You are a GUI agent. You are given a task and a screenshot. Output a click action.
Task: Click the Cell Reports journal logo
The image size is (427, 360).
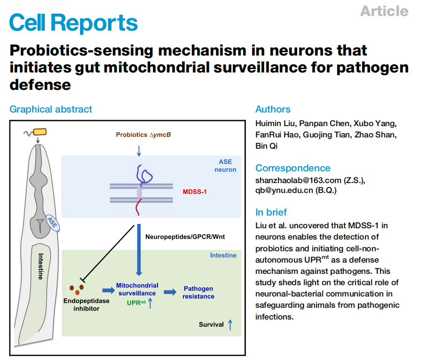coord(73,23)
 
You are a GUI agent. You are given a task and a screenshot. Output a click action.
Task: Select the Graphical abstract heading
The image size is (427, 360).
coord(51,109)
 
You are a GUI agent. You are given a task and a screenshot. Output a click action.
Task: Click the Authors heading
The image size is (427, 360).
coord(273,109)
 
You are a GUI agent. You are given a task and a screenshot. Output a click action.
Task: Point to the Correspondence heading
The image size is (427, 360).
coord(293,168)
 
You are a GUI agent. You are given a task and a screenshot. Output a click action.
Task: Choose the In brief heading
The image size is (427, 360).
coord(271,212)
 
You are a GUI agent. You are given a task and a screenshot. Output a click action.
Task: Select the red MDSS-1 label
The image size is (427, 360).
coord(195,192)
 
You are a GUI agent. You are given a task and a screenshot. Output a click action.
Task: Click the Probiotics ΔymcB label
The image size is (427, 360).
coord(143,135)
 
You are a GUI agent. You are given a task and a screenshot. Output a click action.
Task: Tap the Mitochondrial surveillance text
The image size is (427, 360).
coord(137,289)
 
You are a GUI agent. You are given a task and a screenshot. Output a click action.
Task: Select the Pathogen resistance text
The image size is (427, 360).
coord(198,292)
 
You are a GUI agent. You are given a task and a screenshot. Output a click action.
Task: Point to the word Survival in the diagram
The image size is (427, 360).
coord(211,324)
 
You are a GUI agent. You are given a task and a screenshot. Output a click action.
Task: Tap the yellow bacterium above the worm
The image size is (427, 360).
coord(40,132)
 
